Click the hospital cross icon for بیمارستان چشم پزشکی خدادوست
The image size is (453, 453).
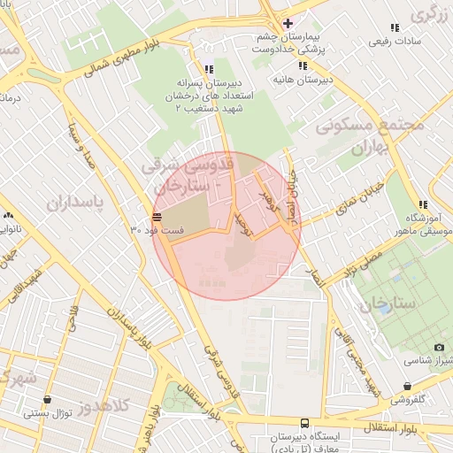[287, 23]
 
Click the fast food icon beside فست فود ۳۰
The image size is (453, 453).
[157, 216]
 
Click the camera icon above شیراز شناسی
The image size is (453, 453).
[439, 348]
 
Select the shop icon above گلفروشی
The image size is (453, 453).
[407, 387]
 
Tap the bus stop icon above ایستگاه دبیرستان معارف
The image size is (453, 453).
[305, 423]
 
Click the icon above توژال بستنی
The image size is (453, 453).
[47, 399]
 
